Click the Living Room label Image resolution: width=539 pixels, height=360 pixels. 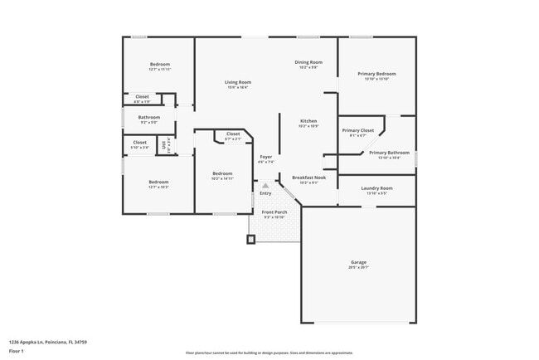238,82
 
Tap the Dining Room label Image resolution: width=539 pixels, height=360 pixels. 308,62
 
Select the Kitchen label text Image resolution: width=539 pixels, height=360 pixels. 308,121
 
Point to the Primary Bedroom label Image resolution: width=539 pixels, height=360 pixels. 377,74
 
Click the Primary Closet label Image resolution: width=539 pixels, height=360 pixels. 358,130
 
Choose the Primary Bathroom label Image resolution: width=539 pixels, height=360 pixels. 389,153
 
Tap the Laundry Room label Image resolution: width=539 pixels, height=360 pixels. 376,188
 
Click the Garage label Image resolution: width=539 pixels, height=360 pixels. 358,262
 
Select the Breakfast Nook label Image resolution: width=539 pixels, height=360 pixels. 308,177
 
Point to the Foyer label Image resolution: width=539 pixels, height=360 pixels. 265,157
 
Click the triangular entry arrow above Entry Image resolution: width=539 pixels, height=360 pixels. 265,186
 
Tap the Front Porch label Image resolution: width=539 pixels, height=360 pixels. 274,212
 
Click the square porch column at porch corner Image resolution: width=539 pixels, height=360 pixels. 251,240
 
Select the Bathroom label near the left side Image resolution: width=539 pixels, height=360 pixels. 149,117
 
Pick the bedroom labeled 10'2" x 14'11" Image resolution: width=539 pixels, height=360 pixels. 222,173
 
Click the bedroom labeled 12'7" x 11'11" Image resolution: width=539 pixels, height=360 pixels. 160,64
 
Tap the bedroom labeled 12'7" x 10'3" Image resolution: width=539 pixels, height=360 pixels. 158,182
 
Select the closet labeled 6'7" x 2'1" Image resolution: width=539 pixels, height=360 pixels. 233,134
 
